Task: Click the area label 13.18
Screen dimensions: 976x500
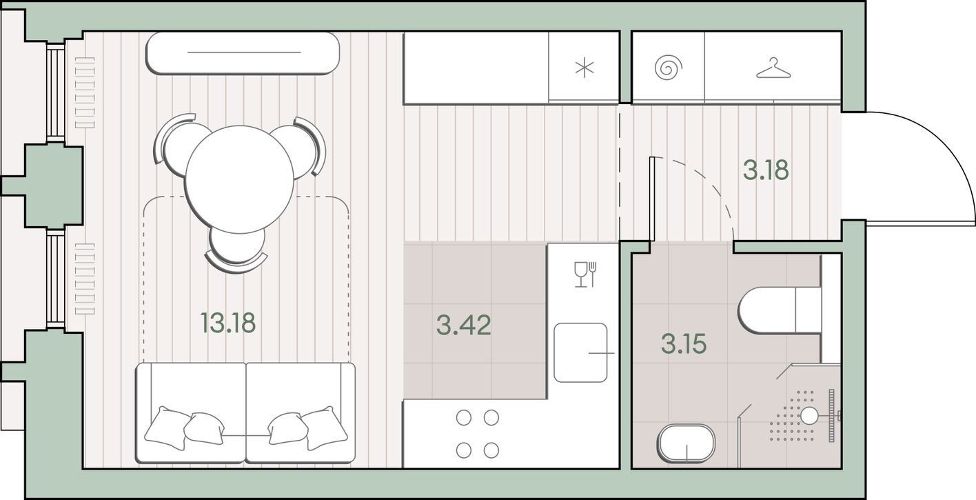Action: (228, 323)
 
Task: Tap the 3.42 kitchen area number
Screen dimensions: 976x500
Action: (464, 326)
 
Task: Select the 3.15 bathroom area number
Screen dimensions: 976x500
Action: (684, 343)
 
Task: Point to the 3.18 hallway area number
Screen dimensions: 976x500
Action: (766, 170)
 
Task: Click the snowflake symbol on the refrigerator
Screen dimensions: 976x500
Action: (584, 68)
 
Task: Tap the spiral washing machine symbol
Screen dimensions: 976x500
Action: (668, 68)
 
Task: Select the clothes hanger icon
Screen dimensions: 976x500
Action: (773, 68)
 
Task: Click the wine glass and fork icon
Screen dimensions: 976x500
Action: (585, 274)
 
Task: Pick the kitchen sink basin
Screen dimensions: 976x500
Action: (580, 352)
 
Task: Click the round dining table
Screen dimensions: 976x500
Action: (239, 179)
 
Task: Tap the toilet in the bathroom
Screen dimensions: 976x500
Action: (780, 310)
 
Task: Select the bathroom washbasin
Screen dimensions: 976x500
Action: (687, 443)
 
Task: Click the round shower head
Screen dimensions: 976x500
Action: (809, 416)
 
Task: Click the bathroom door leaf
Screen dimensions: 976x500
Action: (652, 199)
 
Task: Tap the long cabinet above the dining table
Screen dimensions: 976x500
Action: (243, 52)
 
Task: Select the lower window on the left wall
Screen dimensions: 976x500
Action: (55, 279)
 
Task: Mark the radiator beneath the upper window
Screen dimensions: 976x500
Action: (85, 92)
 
